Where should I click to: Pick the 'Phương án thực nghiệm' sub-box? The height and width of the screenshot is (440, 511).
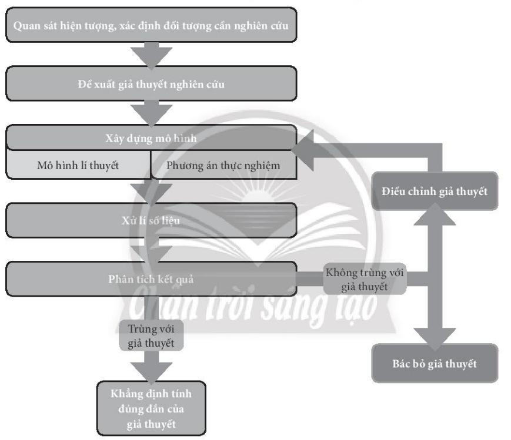click(223, 165)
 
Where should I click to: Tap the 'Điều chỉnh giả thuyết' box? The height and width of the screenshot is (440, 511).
click(434, 192)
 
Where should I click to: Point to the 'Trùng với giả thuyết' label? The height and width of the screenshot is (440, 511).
click(151, 335)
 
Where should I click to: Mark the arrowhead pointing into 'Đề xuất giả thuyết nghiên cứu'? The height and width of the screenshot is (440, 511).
click(151, 56)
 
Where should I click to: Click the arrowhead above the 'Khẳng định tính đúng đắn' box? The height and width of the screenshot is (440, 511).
click(151, 370)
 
